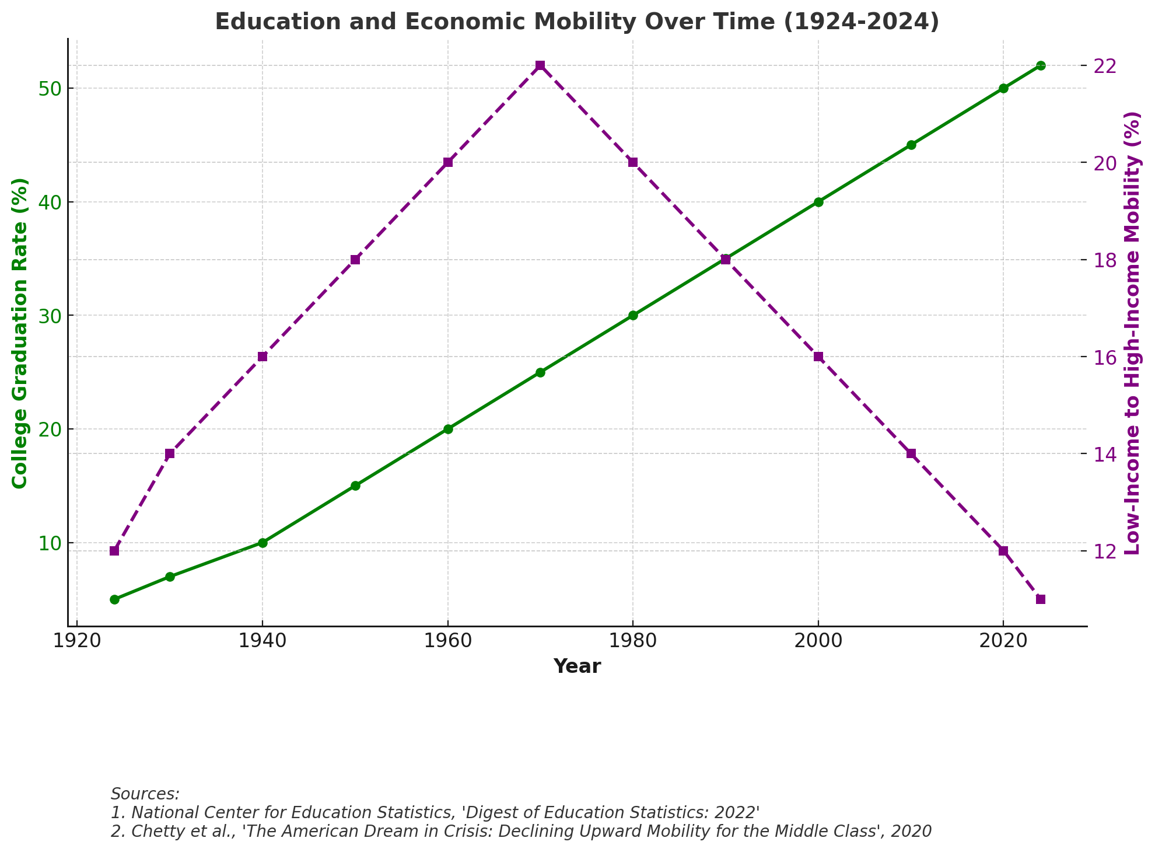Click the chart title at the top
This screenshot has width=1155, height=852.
(577, 22)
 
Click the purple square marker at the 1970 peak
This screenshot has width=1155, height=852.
(540, 65)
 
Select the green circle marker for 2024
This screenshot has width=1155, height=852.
(1041, 65)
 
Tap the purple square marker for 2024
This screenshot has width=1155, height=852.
(1041, 599)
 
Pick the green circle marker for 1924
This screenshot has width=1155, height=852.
(114, 599)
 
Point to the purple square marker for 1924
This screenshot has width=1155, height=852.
(114, 551)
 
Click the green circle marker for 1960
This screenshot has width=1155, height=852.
(448, 429)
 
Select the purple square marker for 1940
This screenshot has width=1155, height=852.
(262, 357)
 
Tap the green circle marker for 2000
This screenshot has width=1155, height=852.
(818, 202)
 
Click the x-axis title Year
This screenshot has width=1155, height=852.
(577, 666)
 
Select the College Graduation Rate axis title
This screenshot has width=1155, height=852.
(20, 333)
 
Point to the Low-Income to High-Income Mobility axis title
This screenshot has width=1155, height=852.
(1132, 333)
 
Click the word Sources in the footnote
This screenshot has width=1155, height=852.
(145, 794)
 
